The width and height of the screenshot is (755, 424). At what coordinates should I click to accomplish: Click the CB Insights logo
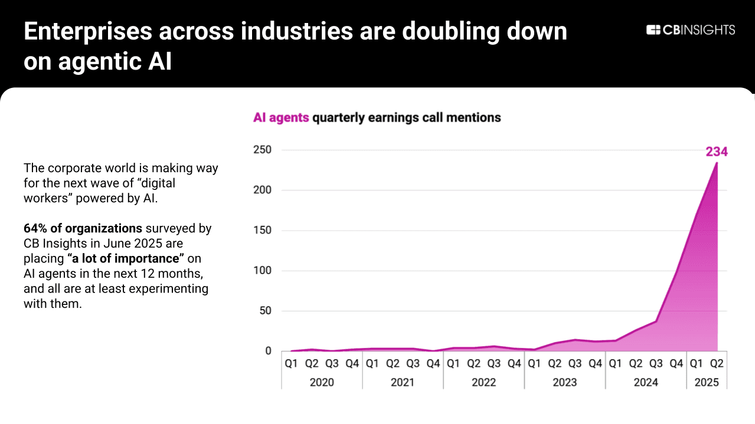(691, 30)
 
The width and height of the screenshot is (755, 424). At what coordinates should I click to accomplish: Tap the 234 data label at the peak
(717, 152)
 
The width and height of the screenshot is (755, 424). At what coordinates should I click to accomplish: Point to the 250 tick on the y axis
(263, 150)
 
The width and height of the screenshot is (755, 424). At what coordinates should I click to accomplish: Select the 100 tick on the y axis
(263, 271)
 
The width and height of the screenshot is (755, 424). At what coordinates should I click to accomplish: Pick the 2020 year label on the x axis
(322, 382)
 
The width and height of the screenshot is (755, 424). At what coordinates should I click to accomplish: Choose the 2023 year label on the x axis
(564, 382)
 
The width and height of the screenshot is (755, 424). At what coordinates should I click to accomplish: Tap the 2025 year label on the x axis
(707, 382)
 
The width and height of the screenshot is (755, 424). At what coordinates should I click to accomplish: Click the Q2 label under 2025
(717, 364)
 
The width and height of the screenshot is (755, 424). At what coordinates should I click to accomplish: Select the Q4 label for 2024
(676, 364)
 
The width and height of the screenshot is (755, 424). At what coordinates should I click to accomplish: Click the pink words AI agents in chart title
(281, 117)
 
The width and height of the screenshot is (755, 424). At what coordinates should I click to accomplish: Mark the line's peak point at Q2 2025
(717, 163)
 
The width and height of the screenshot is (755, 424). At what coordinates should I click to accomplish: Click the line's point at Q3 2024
(656, 321)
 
